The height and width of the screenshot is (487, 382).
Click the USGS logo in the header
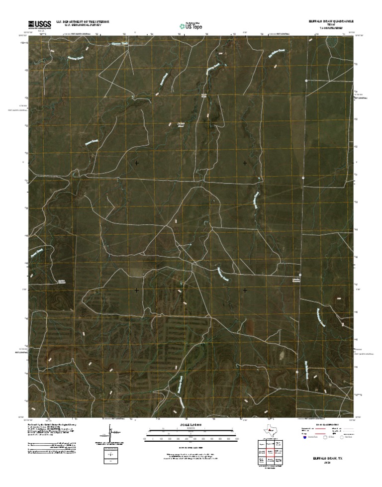coord(39,23)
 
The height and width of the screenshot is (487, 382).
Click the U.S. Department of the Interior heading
coord(83,22)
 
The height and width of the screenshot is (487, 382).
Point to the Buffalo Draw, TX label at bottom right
coord(327,458)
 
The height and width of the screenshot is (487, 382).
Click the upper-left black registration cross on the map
coord(137,163)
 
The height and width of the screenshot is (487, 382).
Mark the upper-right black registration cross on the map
coord(245,163)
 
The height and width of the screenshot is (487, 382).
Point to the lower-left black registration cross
coord(137,290)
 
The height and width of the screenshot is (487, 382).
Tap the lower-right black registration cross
coord(245,290)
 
